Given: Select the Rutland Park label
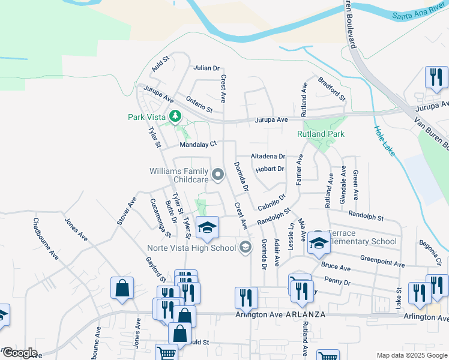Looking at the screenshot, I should (x=321, y=134).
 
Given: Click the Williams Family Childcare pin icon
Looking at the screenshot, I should (x=218, y=175).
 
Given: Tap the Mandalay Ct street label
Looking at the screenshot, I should (x=197, y=145).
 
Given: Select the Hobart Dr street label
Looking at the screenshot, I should (x=269, y=169).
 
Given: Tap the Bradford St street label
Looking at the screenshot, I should (x=332, y=88).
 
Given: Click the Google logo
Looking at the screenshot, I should (x=19, y=353).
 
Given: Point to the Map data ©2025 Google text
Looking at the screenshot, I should (x=412, y=355).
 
